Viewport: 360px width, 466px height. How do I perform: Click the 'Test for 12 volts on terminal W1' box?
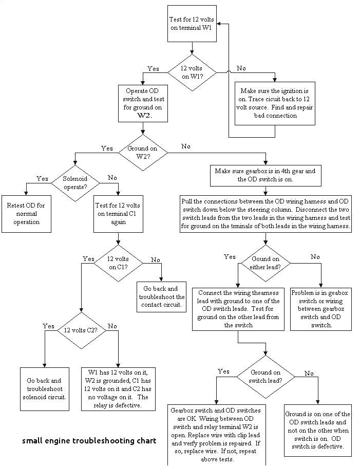click(x=192, y=24)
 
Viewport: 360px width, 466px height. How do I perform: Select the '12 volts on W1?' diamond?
click(x=192, y=73)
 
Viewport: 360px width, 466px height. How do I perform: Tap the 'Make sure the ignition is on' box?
click(x=275, y=103)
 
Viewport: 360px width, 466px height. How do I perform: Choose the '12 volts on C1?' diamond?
click(x=119, y=263)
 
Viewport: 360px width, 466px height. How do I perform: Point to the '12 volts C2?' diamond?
click(x=81, y=330)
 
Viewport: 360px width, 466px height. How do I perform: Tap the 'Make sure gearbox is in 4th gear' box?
click(x=266, y=176)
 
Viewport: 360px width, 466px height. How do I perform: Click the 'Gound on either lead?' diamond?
click(x=266, y=263)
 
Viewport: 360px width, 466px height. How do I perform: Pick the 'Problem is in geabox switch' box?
click(x=320, y=309)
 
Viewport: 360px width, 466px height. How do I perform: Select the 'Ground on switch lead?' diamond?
click(x=266, y=377)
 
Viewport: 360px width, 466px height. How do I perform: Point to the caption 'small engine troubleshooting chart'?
click(x=89, y=441)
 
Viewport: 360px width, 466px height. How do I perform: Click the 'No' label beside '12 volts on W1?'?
click(x=240, y=68)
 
